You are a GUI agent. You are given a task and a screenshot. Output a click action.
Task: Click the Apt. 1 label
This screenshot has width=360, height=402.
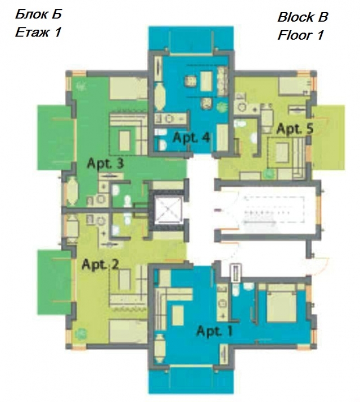[215, 330]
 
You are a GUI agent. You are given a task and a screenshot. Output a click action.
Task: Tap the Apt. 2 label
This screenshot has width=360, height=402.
[100, 264]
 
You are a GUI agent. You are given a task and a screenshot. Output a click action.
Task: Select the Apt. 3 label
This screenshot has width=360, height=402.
[105, 163]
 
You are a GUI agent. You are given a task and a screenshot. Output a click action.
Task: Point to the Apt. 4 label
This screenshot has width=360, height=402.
[191, 137]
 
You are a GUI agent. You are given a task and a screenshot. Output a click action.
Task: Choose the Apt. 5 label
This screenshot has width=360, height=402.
[295, 128]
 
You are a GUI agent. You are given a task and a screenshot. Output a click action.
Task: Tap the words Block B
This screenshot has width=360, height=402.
[302, 17]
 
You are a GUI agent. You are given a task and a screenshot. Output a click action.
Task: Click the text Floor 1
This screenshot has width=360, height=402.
[301, 35]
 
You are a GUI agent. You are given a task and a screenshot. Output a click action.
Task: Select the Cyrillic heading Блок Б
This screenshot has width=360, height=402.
[38, 14]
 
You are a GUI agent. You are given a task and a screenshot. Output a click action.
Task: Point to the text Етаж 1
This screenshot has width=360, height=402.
[38, 32]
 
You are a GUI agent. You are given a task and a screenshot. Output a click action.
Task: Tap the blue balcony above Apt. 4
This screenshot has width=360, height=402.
[191, 38]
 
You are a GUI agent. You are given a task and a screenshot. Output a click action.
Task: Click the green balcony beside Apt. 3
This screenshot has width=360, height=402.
[54, 137]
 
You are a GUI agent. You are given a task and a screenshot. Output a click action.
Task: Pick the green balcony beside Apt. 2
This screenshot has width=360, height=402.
[54, 282]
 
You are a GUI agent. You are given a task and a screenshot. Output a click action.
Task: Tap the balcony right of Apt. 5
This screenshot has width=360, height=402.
[328, 137]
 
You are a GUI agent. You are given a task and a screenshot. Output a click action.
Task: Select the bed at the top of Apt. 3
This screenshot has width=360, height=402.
[128, 88]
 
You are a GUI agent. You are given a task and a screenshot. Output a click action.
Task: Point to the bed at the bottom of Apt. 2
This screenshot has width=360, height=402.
[128, 331]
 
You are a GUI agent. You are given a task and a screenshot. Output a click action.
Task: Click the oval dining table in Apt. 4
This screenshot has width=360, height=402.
[160, 97]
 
